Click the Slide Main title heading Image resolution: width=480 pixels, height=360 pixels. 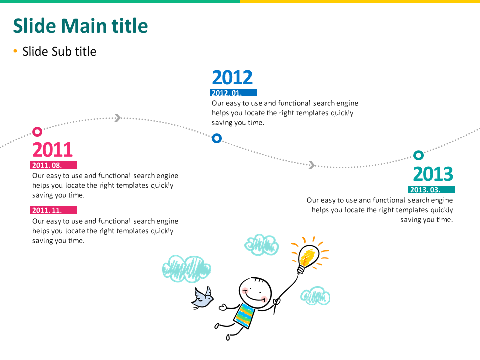(80, 26)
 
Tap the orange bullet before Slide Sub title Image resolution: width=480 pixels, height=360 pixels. (15, 51)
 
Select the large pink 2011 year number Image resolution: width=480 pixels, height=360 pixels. (53, 149)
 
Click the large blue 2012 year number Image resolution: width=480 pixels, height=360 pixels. (232, 77)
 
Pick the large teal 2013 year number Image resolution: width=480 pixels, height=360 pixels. (433, 174)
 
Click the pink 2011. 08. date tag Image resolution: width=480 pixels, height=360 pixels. (53, 165)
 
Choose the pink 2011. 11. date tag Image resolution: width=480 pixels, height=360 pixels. (53, 210)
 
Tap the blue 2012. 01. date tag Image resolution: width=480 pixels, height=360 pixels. (233, 93)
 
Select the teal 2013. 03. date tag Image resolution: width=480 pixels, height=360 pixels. (431, 190)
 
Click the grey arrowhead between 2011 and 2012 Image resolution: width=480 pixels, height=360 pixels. (118, 118)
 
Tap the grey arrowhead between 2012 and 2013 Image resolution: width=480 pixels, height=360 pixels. (312, 165)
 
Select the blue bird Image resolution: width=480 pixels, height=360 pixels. (202, 298)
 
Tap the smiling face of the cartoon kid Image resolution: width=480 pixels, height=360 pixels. (255, 292)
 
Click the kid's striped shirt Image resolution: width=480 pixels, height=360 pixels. (245, 315)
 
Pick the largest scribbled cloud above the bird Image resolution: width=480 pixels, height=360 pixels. (186, 269)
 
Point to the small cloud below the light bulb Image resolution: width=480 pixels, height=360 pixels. (315, 296)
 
